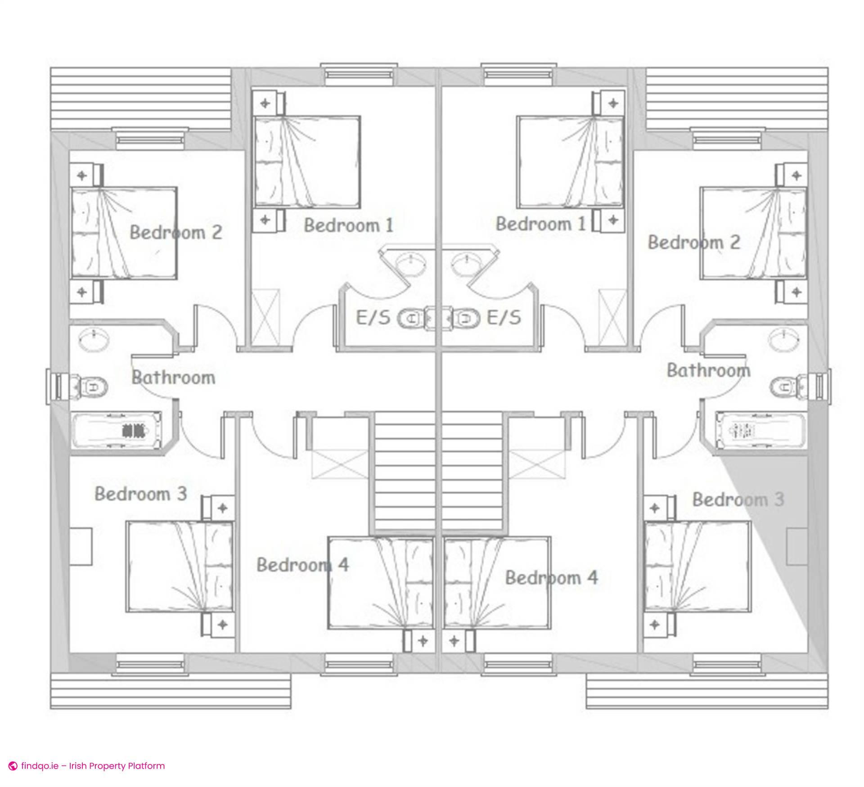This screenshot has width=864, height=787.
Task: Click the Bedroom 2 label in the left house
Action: pos(176,233)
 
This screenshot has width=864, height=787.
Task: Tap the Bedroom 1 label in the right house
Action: pos(540,224)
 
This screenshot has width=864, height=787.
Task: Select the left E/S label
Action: pos(373,318)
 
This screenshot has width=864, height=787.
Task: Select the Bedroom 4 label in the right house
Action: pos(551,578)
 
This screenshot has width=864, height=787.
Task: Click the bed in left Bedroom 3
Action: pos(180,567)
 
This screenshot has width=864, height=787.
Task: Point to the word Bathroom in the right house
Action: pos(708,370)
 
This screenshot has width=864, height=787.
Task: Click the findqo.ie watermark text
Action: pos(93,766)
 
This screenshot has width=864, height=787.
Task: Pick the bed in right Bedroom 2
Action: pos(753,234)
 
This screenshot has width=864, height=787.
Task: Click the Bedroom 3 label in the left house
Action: pos(140,494)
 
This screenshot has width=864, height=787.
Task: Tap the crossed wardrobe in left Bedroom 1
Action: pos(265,318)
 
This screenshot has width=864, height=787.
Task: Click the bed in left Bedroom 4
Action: pos(380,583)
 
